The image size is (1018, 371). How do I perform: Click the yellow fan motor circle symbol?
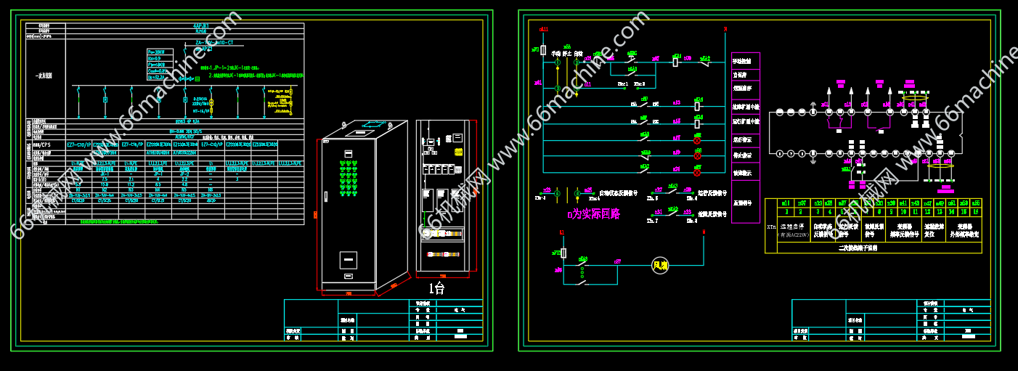(x=659, y=266)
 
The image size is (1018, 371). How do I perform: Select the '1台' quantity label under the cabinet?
(x=437, y=288)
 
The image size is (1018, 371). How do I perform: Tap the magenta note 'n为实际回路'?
(x=593, y=214)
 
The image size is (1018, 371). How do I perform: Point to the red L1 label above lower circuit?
(x=562, y=232)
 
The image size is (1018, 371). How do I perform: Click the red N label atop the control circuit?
(x=725, y=30)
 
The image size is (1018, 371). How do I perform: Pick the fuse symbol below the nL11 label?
(x=543, y=49)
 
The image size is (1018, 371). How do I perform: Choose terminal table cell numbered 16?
(x=976, y=212)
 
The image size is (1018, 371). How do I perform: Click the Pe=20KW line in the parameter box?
(x=156, y=52)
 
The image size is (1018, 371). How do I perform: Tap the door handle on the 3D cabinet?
(x=327, y=194)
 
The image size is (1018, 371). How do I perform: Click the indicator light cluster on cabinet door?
(x=349, y=178)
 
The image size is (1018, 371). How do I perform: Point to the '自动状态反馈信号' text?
(x=618, y=193)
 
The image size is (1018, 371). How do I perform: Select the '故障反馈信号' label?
(x=712, y=214)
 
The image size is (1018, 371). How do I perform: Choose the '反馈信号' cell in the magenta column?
(x=745, y=203)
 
